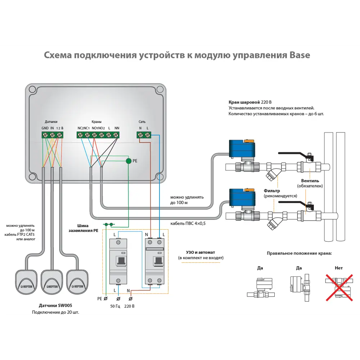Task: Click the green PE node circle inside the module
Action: (129, 161)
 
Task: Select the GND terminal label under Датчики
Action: (45, 128)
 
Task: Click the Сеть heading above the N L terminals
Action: (142, 122)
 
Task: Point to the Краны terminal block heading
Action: (96, 122)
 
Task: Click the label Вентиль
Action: (310, 180)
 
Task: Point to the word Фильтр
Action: (272, 190)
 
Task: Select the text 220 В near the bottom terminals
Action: (129, 306)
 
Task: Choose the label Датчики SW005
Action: (53, 305)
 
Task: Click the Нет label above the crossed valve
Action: (338, 268)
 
